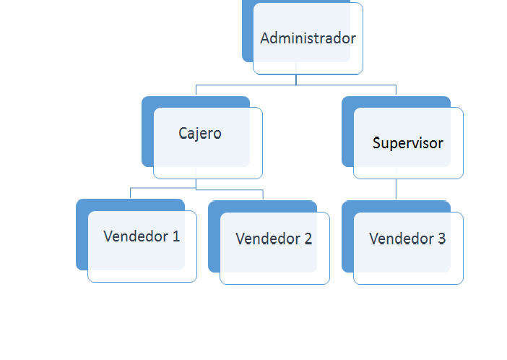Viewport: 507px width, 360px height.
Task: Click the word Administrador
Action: tap(308, 38)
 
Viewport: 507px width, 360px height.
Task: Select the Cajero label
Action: tap(200, 134)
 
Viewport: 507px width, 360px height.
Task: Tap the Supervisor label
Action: tap(407, 142)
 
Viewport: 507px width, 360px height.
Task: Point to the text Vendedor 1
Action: tap(142, 236)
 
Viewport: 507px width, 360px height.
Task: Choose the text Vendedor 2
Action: tap(274, 239)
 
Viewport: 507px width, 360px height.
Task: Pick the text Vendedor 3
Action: tap(407, 239)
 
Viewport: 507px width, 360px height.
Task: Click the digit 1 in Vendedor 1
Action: tap(175, 236)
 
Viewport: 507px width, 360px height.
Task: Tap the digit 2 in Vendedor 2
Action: tap(308, 239)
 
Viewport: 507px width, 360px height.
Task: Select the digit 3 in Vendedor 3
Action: tap(441, 239)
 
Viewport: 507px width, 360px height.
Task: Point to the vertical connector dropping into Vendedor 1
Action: tap(130, 193)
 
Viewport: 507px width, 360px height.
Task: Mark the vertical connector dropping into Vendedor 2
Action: tap(262, 194)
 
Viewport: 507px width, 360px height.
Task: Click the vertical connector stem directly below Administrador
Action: tap(296, 79)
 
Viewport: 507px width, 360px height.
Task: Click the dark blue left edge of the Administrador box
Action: tap(247, 36)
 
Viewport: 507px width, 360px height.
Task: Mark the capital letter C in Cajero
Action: tap(183, 134)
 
